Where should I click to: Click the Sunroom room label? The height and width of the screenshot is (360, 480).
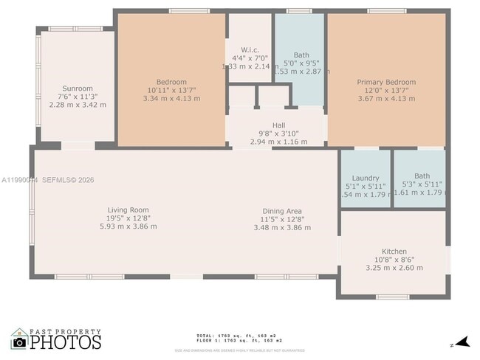[x=77, y=87]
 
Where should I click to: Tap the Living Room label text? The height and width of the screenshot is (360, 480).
[x=128, y=210]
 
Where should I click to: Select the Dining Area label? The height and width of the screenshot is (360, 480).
[x=281, y=211]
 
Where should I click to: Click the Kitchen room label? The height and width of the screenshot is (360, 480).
[x=394, y=252]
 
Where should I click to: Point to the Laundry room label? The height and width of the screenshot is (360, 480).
[x=366, y=178]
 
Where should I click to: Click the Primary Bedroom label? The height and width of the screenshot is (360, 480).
[x=386, y=82]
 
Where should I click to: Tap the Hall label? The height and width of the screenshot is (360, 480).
[x=278, y=125]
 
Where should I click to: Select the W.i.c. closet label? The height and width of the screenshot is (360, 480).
[x=250, y=49]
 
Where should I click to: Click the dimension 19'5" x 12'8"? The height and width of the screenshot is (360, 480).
[x=128, y=218]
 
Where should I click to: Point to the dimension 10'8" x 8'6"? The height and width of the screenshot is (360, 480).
[x=394, y=260]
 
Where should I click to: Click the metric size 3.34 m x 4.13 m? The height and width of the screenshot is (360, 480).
[x=171, y=98]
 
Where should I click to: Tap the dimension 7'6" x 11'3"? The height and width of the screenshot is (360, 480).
[x=77, y=96]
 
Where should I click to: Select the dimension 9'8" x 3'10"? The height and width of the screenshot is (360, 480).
[x=278, y=134]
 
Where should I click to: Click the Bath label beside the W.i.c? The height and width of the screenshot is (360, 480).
[x=301, y=55]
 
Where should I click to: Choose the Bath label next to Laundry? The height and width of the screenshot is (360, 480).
[x=422, y=176]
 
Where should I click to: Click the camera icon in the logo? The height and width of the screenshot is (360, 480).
[x=19, y=342]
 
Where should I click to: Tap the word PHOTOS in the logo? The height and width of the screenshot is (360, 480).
[x=66, y=343]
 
